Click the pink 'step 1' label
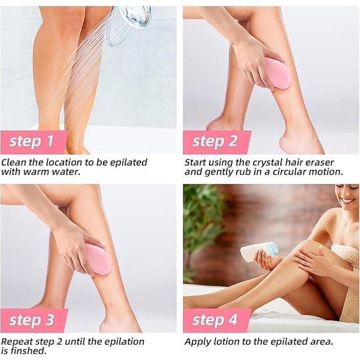click(32, 142)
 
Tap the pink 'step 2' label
click(215, 142)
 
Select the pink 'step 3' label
click(32, 320)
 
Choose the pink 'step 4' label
click(215, 320)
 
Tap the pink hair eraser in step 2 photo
click(278, 73)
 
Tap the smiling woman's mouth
click(348, 201)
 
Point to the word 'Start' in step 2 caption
click(196, 162)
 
